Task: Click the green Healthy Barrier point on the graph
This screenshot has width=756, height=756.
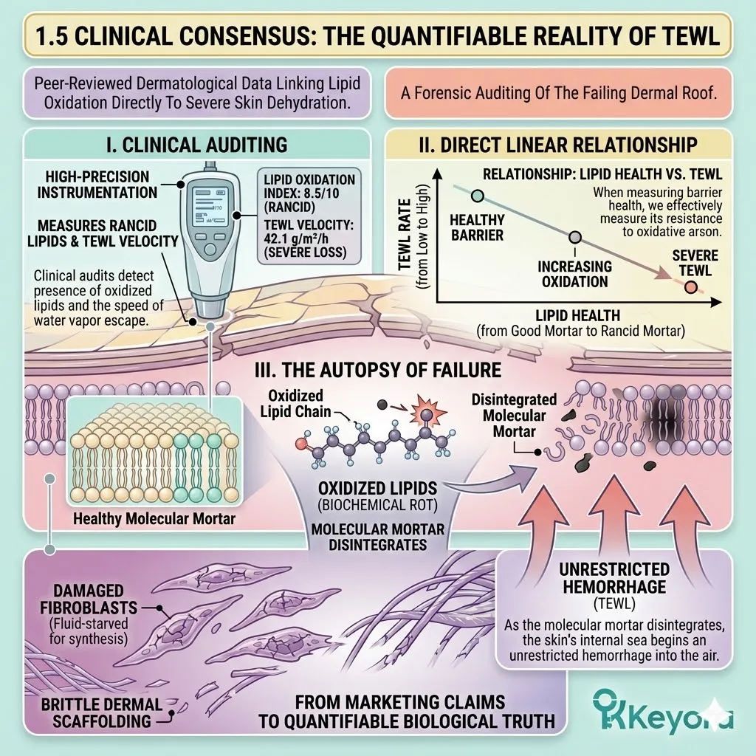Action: coord(477,196)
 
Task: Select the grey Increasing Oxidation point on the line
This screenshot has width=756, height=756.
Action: coord(575,238)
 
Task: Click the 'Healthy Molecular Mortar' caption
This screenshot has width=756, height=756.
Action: coord(154,518)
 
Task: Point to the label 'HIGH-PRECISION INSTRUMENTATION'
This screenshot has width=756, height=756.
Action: coord(96,185)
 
